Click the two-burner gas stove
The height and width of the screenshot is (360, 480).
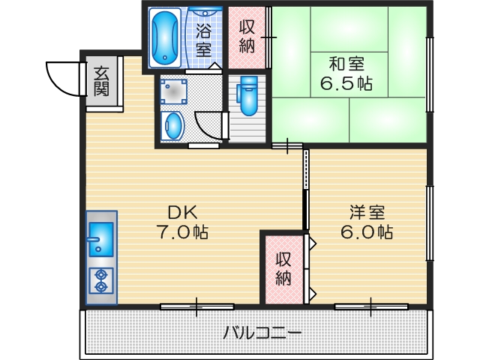coord(100,280)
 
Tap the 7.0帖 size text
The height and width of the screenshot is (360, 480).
coord(182,232)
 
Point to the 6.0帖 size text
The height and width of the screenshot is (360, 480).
coord(366,232)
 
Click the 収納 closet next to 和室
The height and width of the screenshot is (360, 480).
coord(247,36)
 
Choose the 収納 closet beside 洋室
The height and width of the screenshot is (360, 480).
coord(282,268)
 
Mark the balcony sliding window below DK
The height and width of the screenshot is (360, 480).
coord(196,306)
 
